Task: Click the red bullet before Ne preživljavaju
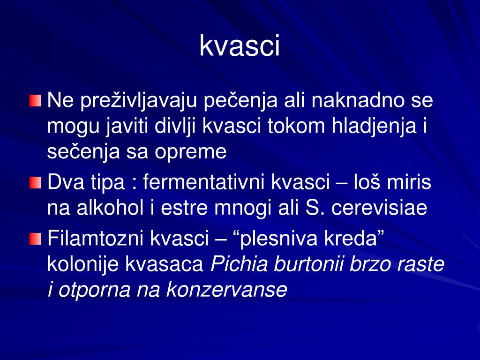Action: point(36,101)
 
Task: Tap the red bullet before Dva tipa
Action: point(36,183)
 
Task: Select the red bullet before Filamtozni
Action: point(36,239)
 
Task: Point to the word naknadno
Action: point(355,101)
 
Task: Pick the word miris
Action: point(409,183)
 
